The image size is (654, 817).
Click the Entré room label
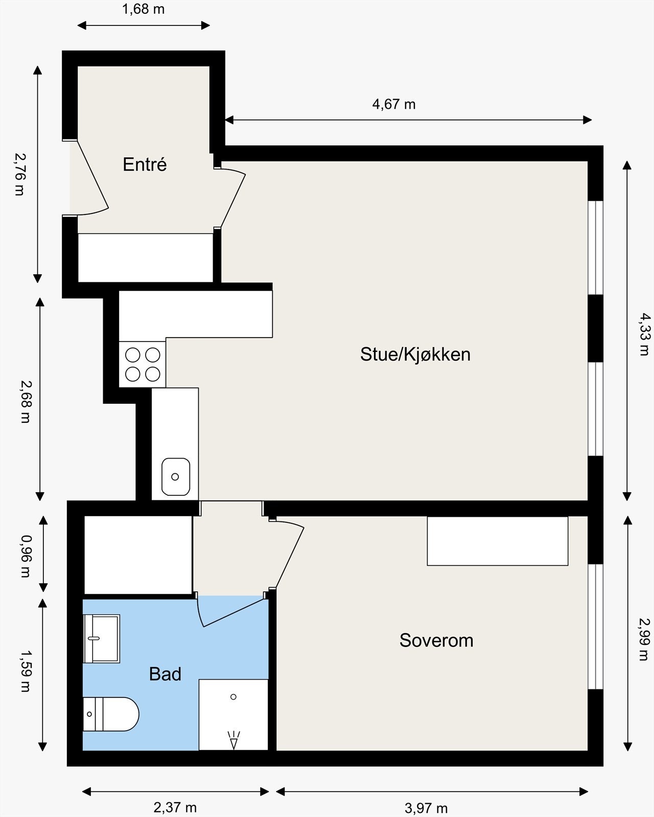coord(145,164)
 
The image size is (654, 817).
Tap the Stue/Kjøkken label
coord(415,354)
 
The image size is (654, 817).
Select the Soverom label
coord(436,640)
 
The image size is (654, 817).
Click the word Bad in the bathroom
coord(165,674)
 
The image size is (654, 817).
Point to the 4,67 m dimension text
coord(393,104)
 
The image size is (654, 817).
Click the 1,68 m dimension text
coord(144,9)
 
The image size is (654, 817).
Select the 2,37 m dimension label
coord(175,807)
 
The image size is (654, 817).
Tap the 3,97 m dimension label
coord(426,808)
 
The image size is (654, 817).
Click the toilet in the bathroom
coord(111,714)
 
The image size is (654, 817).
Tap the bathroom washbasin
coord(101,638)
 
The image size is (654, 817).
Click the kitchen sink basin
coord(176,476)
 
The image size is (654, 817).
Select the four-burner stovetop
coord(143,364)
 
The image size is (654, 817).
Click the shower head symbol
coord(233,740)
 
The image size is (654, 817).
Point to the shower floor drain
coord(233,696)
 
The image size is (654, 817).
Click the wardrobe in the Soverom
coord(497,541)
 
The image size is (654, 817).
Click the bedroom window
coord(595,627)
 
